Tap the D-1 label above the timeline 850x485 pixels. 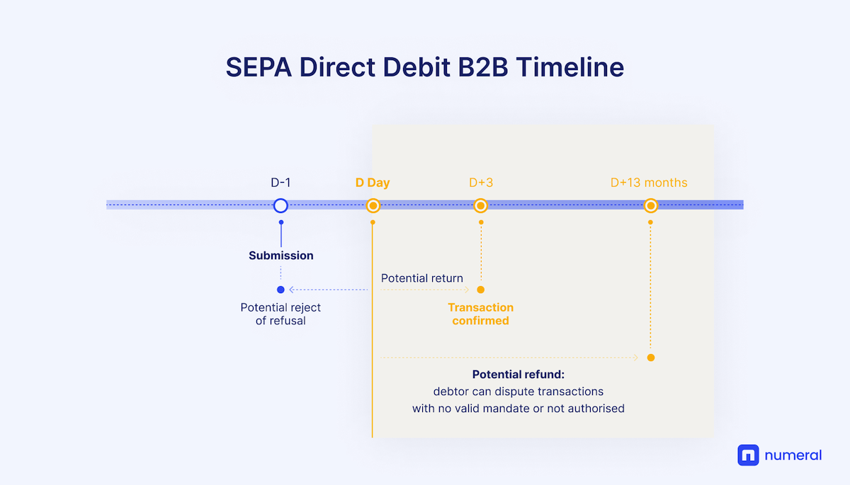280,183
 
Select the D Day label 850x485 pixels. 373,183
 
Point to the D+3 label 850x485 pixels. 481,183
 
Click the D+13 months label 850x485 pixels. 649,183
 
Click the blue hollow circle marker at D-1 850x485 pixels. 280,205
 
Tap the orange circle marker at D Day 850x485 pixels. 373,205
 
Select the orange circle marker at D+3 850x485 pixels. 481,205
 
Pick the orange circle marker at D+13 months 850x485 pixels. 650,205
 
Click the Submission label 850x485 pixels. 280,256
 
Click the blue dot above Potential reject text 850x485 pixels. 280,290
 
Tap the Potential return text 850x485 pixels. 422,278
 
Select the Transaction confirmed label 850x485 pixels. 481,314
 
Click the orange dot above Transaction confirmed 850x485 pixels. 481,290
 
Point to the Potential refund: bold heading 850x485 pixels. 518,375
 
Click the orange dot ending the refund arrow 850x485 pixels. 650,358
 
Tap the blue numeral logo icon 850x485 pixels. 748,455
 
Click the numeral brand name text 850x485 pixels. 793,455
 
